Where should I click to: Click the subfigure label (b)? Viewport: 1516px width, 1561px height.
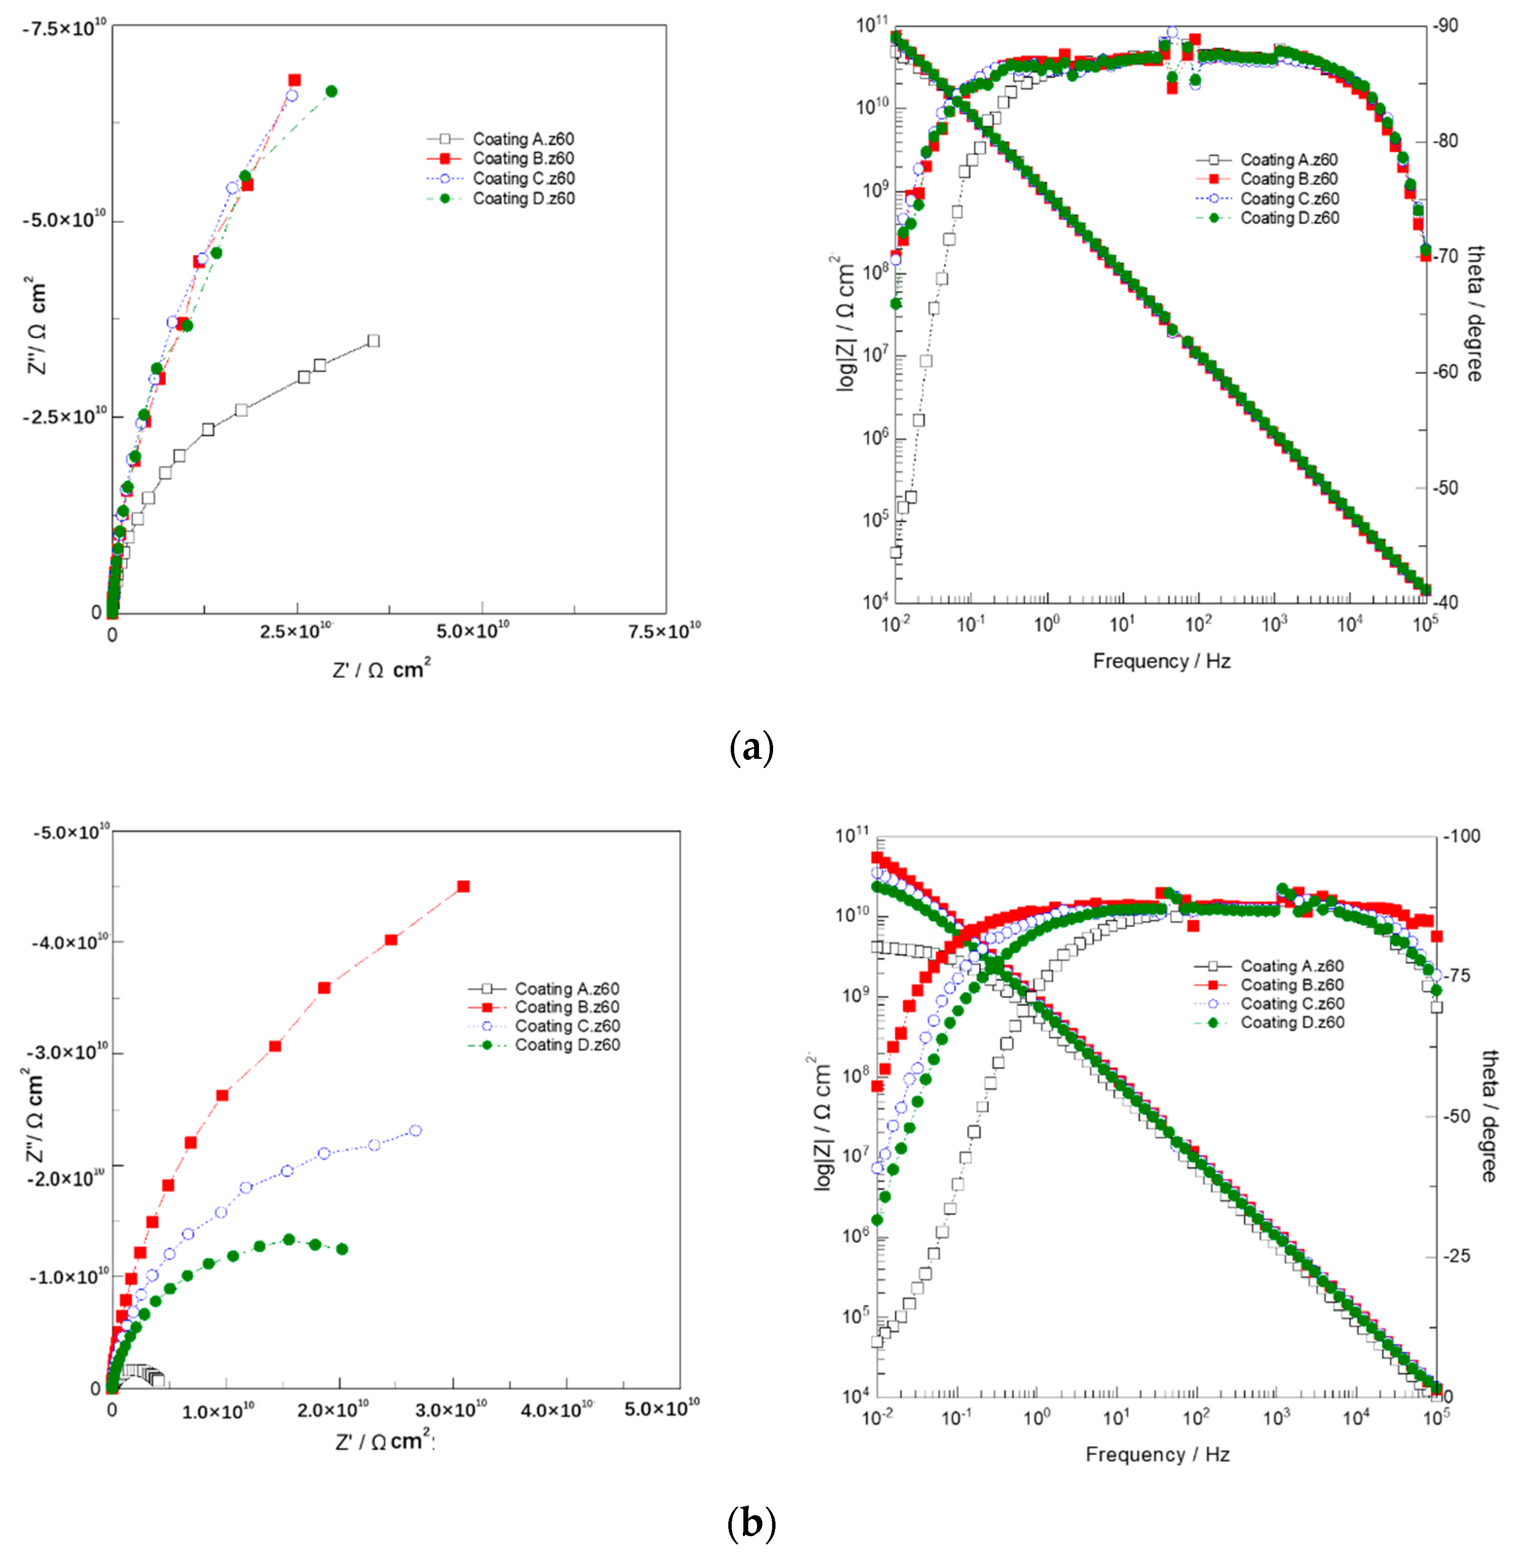(x=750, y=1524)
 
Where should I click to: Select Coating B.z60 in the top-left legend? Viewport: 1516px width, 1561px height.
(x=522, y=159)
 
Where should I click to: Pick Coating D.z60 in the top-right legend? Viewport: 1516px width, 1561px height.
(x=1289, y=218)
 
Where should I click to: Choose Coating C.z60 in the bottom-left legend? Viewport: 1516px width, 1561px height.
(x=566, y=1026)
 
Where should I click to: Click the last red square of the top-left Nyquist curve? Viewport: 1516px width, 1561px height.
(x=295, y=80)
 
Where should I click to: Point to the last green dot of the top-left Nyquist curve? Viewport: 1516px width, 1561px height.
(x=332, y=91)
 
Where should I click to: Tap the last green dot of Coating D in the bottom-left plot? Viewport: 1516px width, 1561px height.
(x=342, y=1249)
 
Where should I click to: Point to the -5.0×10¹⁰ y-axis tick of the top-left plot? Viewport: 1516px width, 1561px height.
(x=64, y=220)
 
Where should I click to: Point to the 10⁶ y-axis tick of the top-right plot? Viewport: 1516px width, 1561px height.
(x=874, y=437)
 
